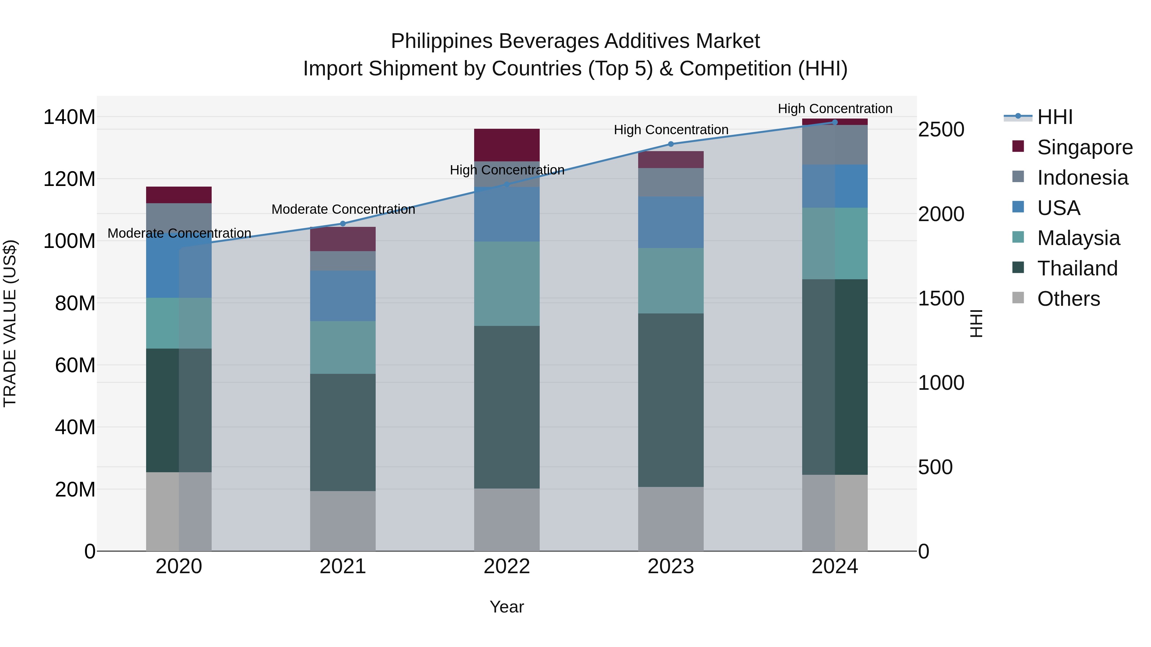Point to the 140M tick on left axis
click(x=69, y=118)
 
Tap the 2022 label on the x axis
click(x=507, y=566)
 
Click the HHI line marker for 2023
click(x=671, y=144)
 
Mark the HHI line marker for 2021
click(x=343, y=224)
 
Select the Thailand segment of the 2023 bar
click(x=671, y=400)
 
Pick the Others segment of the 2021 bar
click(x=343, y=521)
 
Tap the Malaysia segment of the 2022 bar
click(x=507, y=283)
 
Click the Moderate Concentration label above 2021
click(x=343, y=209)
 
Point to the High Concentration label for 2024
click(x=835, y=109)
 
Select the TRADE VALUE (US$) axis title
click(x=10, y=323)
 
